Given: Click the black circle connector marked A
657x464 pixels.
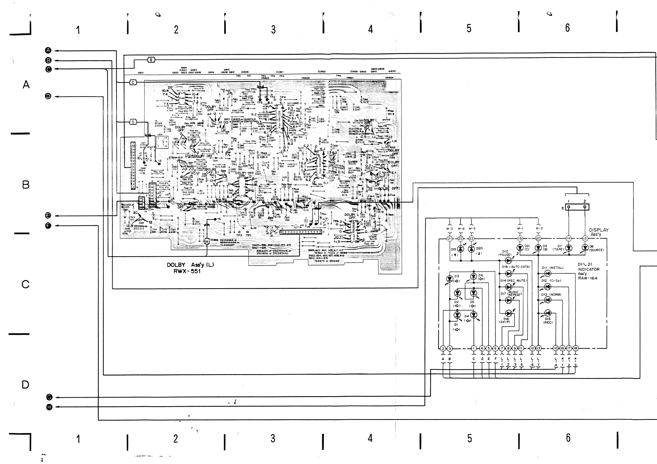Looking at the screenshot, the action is [48, 51].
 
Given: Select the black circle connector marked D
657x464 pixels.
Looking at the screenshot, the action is [48, 96].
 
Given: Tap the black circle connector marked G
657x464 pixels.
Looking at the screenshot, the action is [49, 397].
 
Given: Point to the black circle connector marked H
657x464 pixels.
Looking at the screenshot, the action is [49, 407].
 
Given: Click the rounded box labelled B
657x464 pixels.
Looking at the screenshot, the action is [151, 60].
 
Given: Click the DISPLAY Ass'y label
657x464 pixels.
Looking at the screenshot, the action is [599, 232].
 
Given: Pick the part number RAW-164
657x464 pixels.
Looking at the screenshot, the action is [587, 278].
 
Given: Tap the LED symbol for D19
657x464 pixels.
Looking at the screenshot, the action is [461, 249].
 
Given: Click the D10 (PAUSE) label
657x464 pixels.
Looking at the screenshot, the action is [505, 253].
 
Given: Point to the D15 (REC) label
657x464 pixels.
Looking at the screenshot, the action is [548, 320].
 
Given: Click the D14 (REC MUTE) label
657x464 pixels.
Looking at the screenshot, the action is [513, 280].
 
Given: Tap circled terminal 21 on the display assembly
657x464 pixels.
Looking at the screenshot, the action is [449, 239].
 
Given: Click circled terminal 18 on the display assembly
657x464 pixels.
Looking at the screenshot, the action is [575, 348].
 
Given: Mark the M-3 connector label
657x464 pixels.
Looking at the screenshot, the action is [449, 229].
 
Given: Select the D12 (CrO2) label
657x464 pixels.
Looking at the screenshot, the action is [551, 280].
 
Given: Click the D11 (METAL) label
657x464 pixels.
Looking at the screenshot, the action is [552, 268].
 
